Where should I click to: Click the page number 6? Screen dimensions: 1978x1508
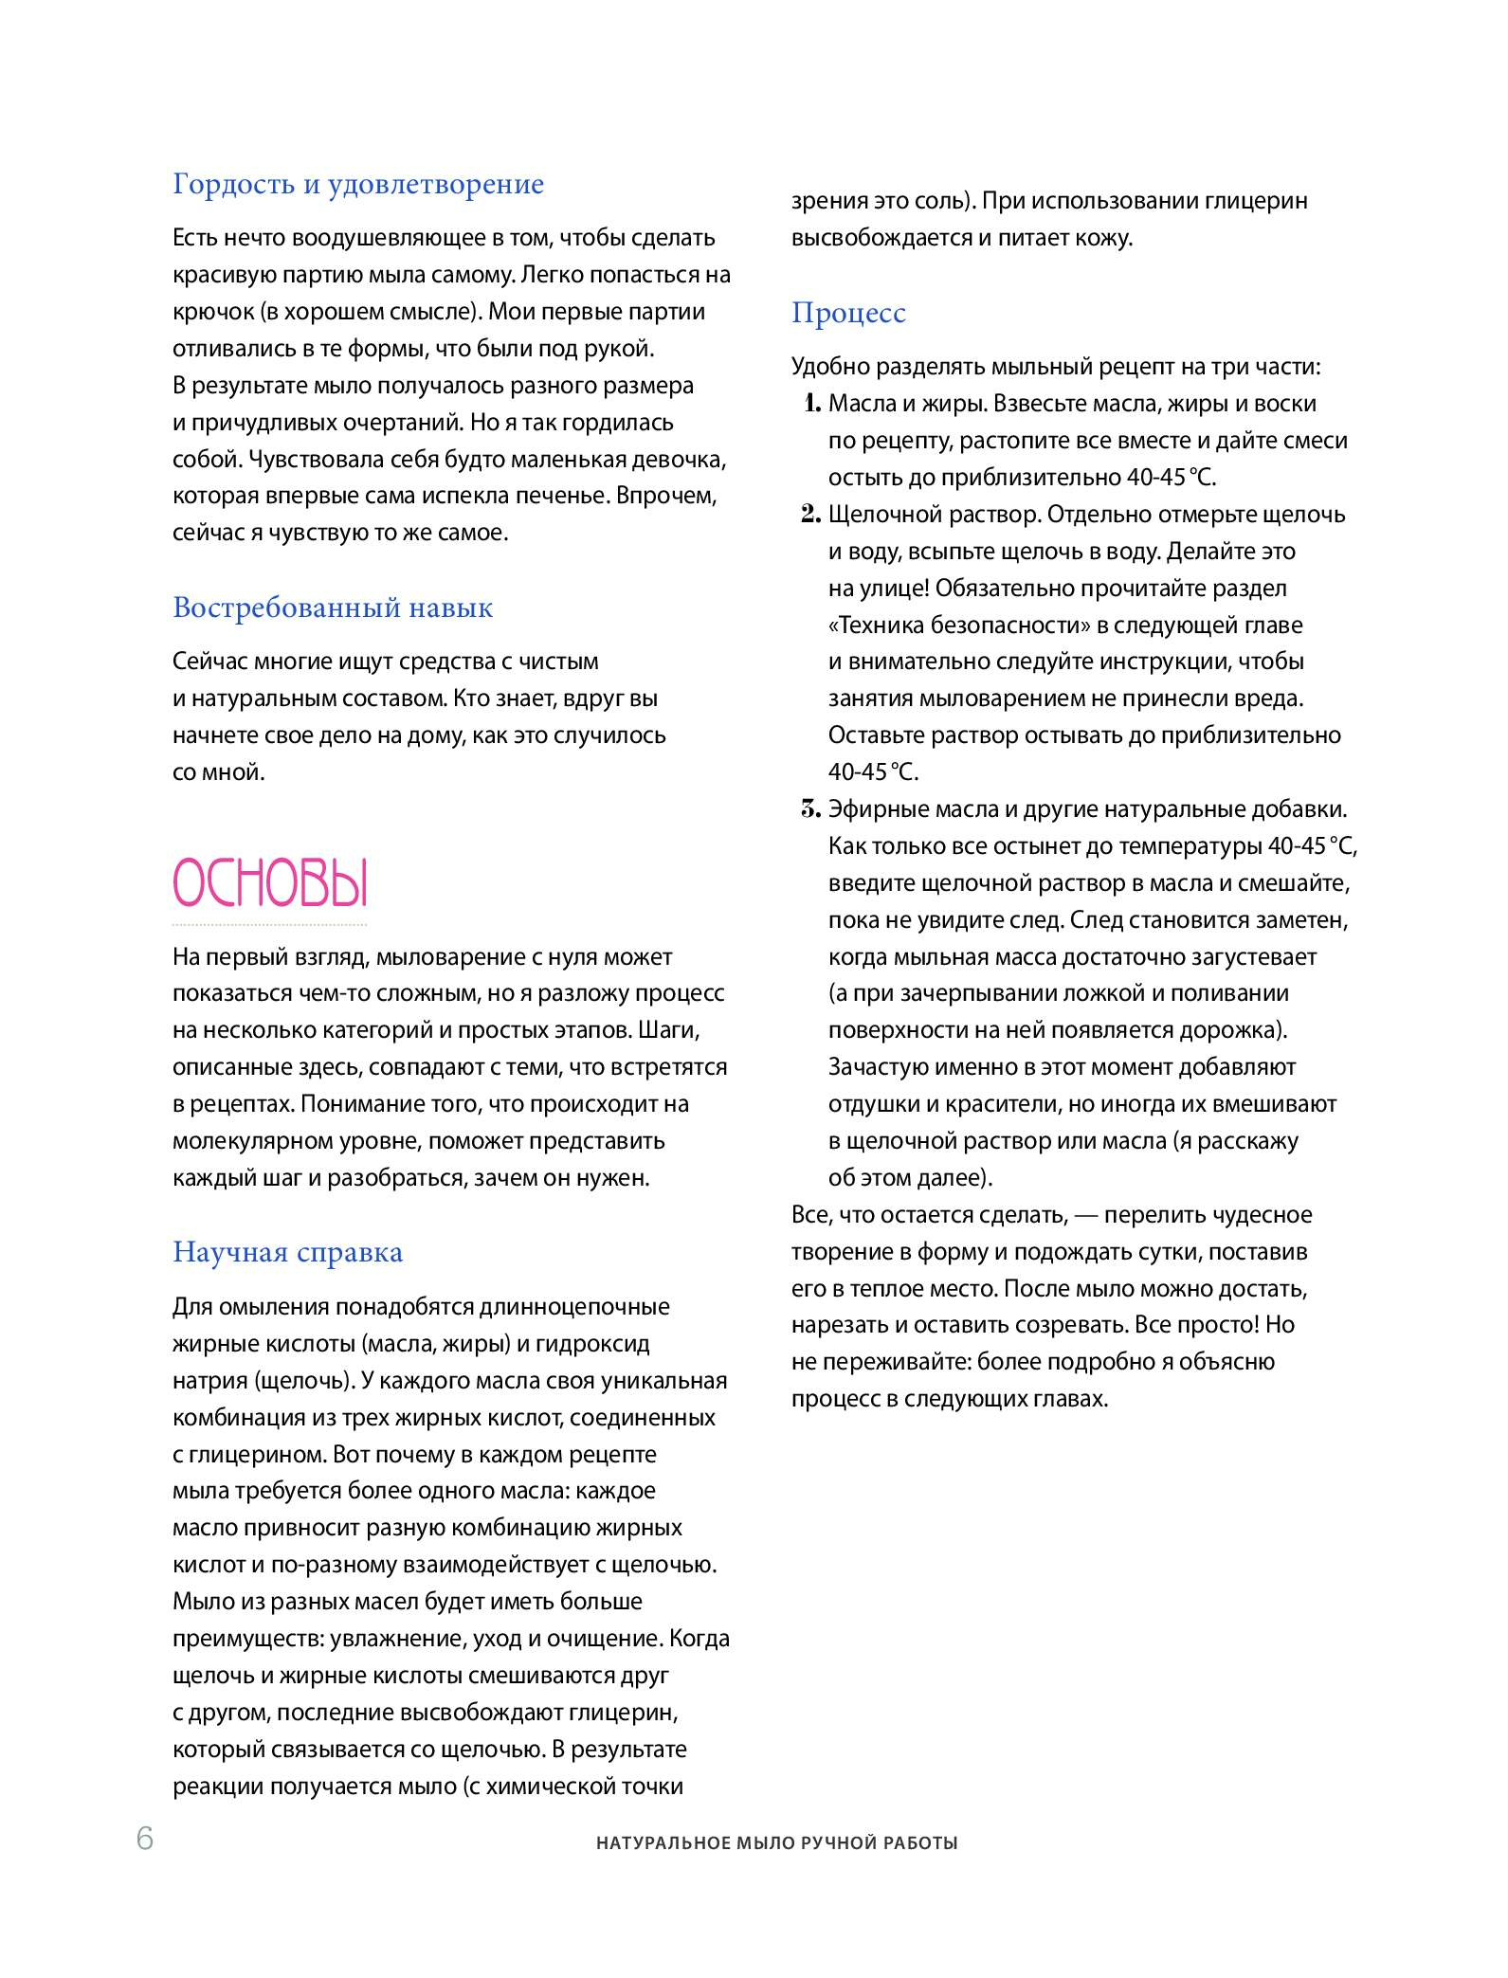(x=145, y=1838)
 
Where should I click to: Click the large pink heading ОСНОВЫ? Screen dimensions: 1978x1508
(x=270, y=883)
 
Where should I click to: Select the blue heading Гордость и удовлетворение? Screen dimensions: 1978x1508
(x=358, y=184)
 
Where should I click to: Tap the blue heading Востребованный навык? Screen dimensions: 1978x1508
(x=333, y=608)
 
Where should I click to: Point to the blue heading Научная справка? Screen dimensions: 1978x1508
(x=287, y=1252)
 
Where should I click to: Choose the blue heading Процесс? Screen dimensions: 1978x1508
(x=848, y=313)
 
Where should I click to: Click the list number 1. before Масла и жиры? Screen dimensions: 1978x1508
(x=811, y=404)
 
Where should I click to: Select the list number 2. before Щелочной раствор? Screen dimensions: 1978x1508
(x=810, y=515)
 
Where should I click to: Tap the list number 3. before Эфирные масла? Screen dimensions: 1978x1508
(x=810, y=809)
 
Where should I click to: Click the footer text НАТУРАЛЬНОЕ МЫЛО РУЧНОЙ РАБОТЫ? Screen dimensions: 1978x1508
(x=776, y=1843)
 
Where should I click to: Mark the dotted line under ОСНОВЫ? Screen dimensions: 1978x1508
(x=270, y=924)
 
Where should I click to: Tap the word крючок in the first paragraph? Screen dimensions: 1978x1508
(x=213, y=312)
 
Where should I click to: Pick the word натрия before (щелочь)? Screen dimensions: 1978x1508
(x=209, y=1381)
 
